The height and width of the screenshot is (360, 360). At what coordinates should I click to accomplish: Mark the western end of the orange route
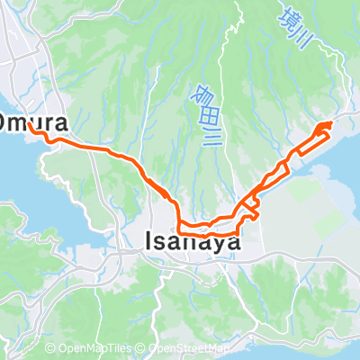pos(30,128)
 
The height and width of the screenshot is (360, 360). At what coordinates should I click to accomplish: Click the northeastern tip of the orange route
pos(332,121)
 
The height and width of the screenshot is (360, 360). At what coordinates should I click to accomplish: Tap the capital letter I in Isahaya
pos(148,241)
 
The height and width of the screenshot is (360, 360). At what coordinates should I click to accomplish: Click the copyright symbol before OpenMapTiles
pos(50,348)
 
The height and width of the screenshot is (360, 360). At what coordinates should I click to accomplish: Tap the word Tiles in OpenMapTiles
pos(121,348)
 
